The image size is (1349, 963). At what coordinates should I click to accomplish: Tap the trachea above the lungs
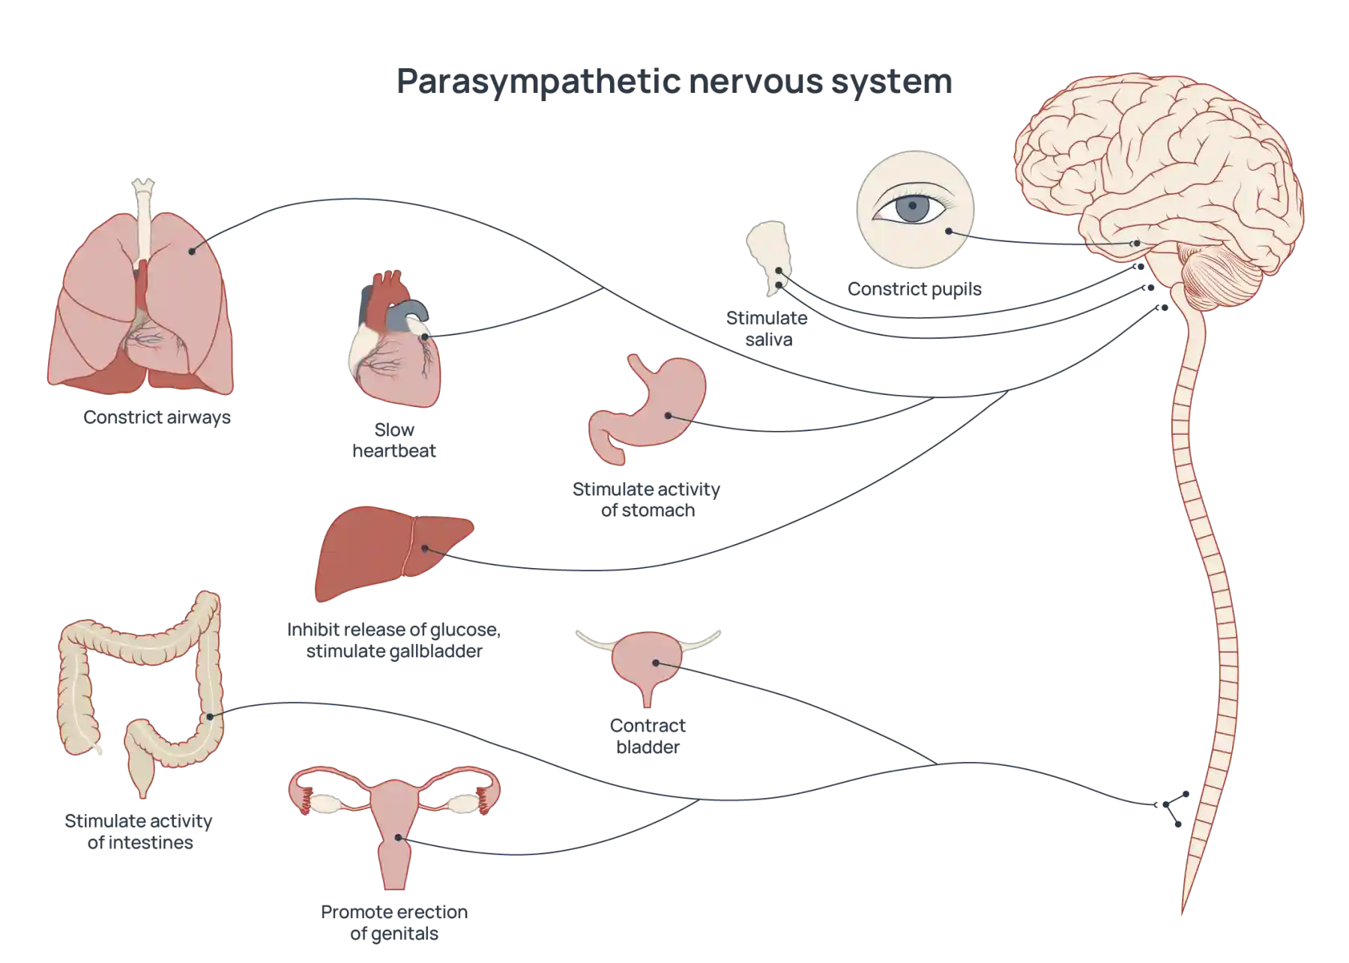143,217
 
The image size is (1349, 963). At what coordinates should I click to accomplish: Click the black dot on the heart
425,336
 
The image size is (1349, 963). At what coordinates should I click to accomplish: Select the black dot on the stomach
667,414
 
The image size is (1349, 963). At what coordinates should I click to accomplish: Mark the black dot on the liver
424,549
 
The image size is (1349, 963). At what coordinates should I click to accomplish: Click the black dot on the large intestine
211,717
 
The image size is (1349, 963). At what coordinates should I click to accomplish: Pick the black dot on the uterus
399,839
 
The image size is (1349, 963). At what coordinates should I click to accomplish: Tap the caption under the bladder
648,736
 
